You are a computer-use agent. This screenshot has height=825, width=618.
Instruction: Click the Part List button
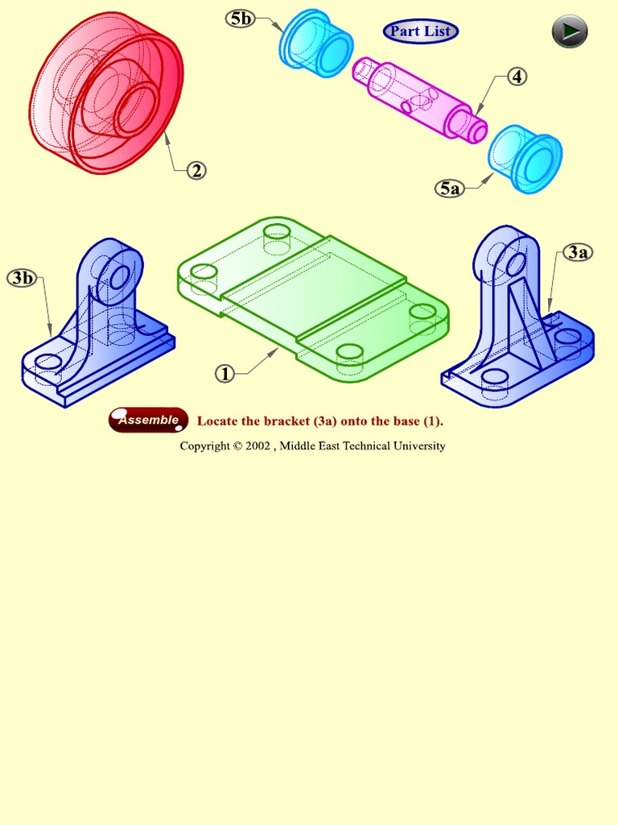tap(421, 31)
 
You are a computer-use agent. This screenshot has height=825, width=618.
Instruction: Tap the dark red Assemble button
tap(149, 420)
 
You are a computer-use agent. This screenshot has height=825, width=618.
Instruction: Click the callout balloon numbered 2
tap(196, 170)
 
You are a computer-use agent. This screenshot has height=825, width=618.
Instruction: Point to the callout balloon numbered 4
tap(517, 77)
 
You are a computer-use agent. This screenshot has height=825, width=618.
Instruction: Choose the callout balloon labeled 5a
tap(450, 189)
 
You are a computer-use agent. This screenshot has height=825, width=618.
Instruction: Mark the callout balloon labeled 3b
tap(23, 278)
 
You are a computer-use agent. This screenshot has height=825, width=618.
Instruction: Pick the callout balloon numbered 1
tap(226, 373)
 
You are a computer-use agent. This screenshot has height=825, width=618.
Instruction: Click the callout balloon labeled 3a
tap(577, 252)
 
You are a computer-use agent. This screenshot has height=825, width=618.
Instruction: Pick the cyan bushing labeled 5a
tap(525, 158)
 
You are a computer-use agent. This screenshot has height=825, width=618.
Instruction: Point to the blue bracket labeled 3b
tap(97, 330)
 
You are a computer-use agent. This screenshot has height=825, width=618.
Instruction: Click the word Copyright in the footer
tap(205, 446)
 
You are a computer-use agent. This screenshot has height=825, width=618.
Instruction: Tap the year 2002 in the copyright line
tap(257, 446)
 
